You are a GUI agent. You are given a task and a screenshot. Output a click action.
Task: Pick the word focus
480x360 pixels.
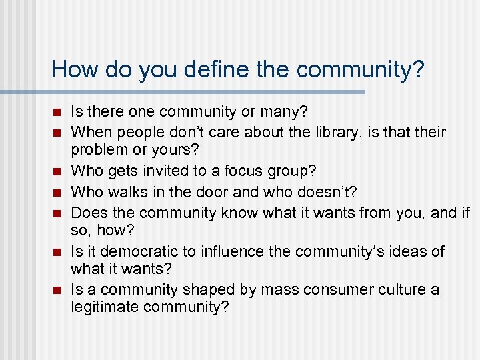251,171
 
